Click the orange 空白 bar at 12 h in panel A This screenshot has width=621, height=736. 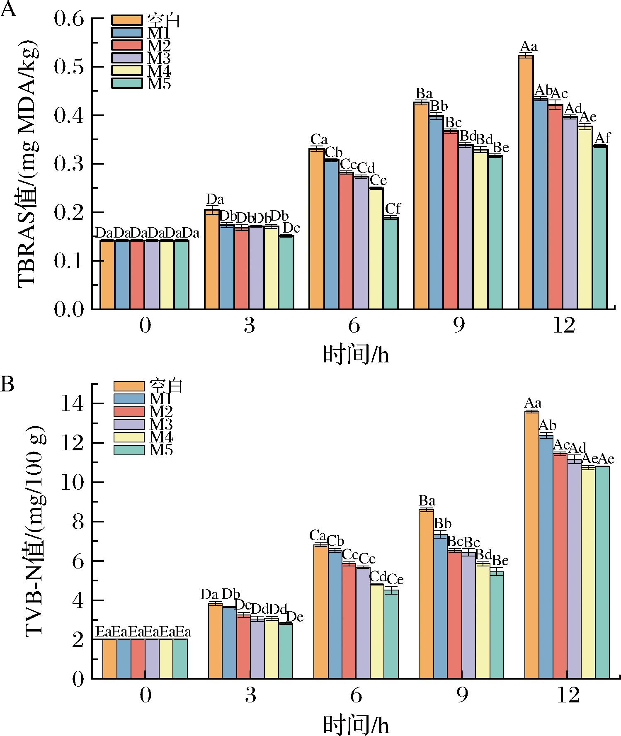click(x=526, y=182)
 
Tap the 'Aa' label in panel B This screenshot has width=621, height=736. click(x=533, y=403)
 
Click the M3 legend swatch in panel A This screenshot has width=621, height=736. click(x=127, y=58)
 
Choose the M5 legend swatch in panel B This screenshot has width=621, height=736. click(x=129, y=450)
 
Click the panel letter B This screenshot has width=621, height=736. click(x=7, y=385)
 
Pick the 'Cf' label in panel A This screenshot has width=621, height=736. click(x=393, y=208)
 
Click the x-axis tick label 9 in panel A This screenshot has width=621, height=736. click(x=459, y=326)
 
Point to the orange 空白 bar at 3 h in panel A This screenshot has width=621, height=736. click(x=212, y=259)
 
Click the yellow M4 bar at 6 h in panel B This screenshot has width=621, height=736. click(x=377, y=631)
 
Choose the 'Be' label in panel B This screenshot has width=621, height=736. click(x=500, y=561)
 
